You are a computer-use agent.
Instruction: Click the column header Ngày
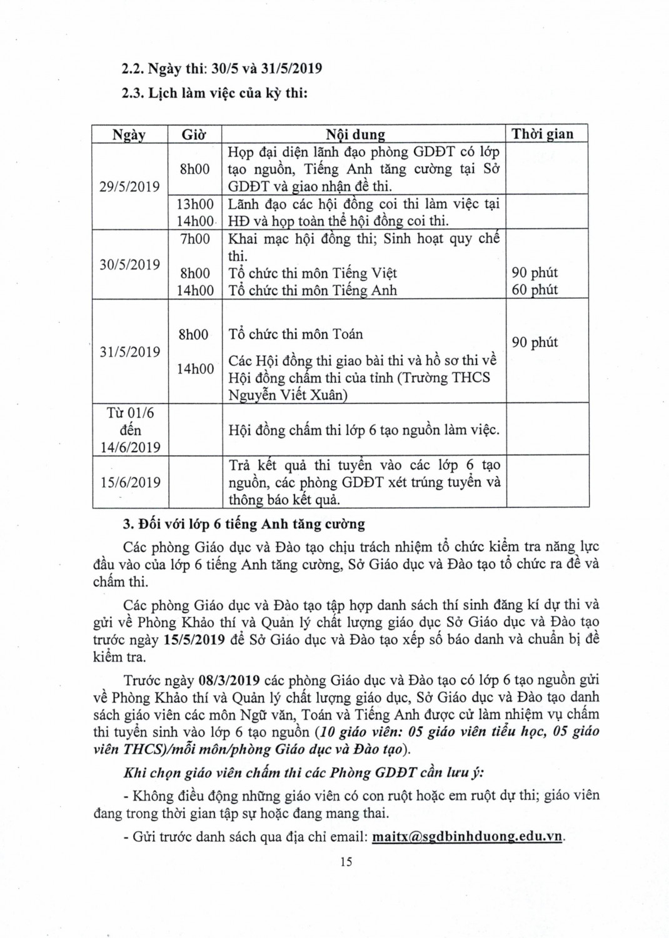[x=129, y=134]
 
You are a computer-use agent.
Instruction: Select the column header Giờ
[x=194, y=134]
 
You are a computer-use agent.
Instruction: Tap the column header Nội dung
[x=355, y=134]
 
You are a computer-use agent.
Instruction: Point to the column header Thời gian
[x=542, y=134]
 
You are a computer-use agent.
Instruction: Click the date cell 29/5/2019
[x=129, y=186]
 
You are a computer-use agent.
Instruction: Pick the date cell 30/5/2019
[x=129, y=265]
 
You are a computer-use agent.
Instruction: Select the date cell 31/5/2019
[x=129, y=351]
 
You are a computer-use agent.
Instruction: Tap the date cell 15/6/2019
[x=129, y=482]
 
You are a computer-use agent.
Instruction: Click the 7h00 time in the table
[x=195, y=239]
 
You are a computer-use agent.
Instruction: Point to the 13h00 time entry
[x=195, y=204]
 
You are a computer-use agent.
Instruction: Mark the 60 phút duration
[x=535, y=290]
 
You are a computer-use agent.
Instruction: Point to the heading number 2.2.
[x=134, y=68]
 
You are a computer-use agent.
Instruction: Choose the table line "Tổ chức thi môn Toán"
[x=296, y=334]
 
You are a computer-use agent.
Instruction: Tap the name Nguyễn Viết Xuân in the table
[x=288, y=395]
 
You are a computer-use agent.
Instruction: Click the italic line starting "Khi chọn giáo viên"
[x=303, y=772]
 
